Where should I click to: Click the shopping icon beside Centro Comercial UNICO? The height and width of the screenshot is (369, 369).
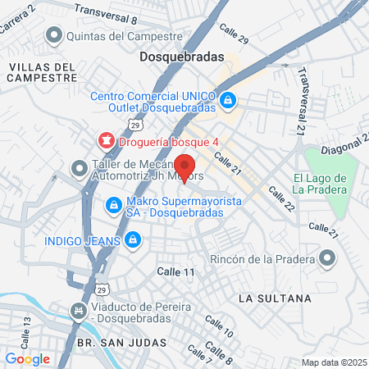(x=229, y=101)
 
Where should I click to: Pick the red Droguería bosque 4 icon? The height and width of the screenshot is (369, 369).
(x=105, y=139)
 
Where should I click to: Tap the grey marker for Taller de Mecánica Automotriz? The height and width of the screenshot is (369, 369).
(x=79, y=168)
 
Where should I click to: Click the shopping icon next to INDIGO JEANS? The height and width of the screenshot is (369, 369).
(x=133, y=240)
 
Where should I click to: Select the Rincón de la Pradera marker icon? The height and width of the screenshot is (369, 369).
(x=328, y=260)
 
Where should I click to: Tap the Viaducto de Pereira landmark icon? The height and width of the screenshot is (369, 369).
(x=78, y=311)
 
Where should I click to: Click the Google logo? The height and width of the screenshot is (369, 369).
(x=27, y=358)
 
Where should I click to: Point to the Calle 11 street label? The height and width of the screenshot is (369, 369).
(x=176, y=271)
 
